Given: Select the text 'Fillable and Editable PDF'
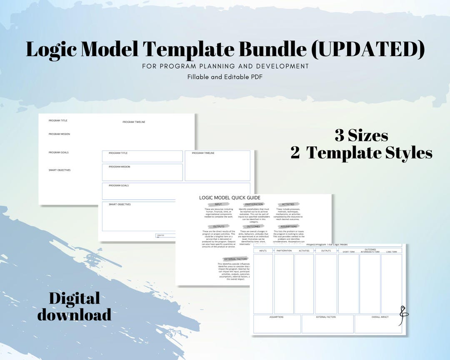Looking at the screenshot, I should pyautogui.click(x=225, y=76).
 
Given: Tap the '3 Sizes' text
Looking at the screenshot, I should pyautogui.click(x=361, y=135).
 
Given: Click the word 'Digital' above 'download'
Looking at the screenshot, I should pyautogui.click(x=74, y=298).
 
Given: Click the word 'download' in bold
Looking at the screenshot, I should pyautogui.click(x=74, y=315).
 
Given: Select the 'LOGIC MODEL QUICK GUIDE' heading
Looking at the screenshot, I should pyautogui.click(x=230, y=197).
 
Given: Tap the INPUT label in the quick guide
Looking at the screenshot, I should pyautogui.click(x=218, y=204).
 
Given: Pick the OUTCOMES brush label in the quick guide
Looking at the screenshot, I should pyautogui.click(x=253, y=226).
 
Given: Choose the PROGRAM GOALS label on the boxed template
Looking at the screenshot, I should pyautogui.click(x=119, y=185).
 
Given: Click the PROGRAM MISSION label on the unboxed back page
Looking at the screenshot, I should pyautogui.click(x=59, y=134).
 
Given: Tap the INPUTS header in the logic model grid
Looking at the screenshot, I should pyautogui.click(x=263, y=251).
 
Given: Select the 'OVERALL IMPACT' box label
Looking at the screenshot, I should pyautogui.click(x=380, y=317).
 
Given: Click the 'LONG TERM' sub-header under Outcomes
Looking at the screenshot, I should pyautogui.click(x=391, y=252).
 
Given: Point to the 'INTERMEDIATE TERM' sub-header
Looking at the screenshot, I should pyautogui.click(x=370, y=252).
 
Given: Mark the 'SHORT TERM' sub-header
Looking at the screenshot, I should pyautogui.click(x=348, y=252).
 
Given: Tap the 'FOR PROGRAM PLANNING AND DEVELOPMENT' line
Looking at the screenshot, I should pyautogui.click(x=225, y=66).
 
